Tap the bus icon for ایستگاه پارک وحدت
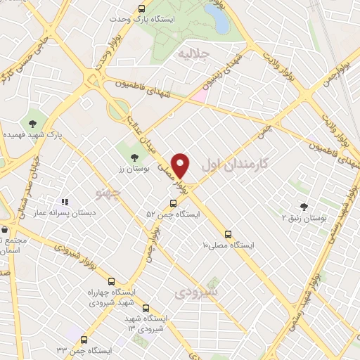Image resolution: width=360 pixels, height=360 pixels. click(x=141, y=9)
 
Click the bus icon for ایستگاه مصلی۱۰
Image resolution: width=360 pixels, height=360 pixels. click(x=228, y=234)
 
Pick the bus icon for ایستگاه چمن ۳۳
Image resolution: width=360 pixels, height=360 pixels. click(x=84, y=340)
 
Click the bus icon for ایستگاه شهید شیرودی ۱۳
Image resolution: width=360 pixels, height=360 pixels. click(x=146, y=308)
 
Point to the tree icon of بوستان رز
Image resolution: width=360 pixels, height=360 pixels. click(x=134, y=157)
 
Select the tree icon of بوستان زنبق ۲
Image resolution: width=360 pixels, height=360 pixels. click(x=304, y=207)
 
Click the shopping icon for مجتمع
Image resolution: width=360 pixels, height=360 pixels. click(x=5, y=229)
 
